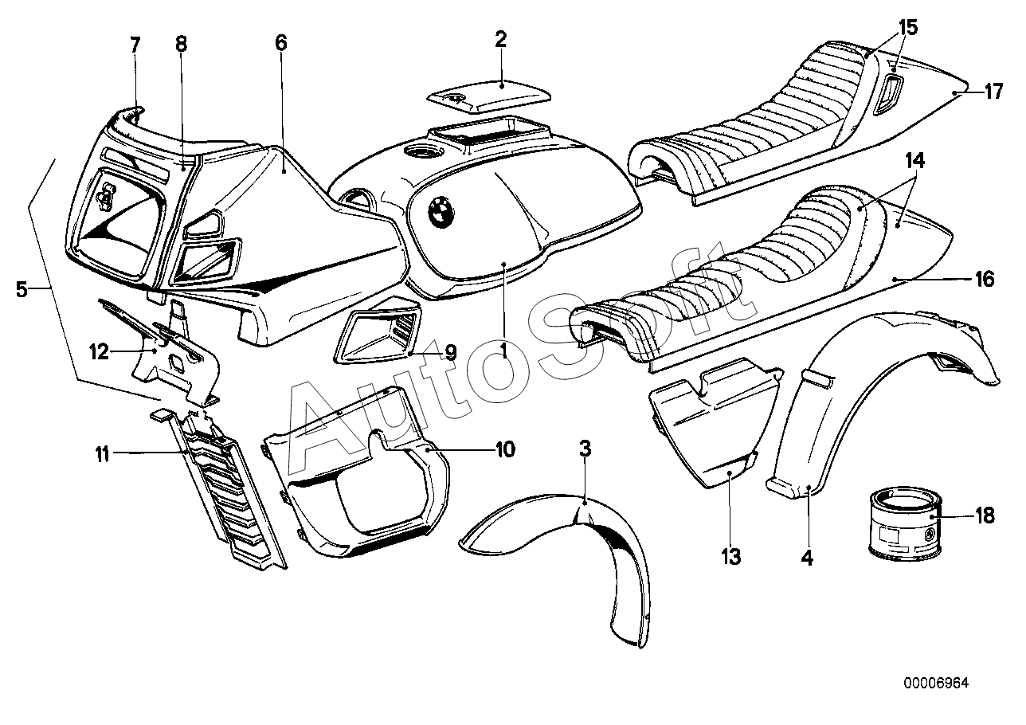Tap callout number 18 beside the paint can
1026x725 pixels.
click(985, 515)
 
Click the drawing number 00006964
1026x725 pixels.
click(936, 683)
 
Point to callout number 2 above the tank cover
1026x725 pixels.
click(500, 40)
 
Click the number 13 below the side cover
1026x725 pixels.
click(731, 556)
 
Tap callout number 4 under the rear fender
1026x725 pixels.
click(807, 559)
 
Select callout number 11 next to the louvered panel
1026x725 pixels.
click(103, 455)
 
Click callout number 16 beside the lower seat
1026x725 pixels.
click(985, 279)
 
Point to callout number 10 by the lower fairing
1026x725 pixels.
click(505, 450)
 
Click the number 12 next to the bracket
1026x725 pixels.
click(99, 351)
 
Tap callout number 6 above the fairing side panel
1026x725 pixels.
click(280, 44)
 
